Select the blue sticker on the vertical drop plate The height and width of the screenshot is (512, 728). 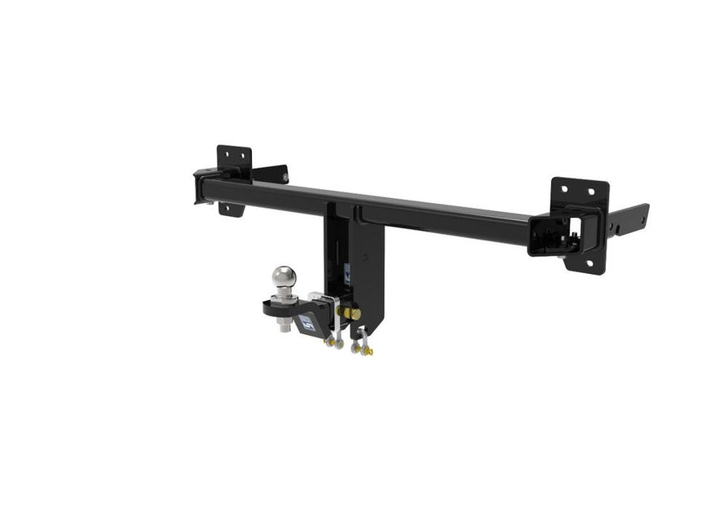(x=347, y=275)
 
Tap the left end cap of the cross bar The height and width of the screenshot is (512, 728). (x=199, y=187)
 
